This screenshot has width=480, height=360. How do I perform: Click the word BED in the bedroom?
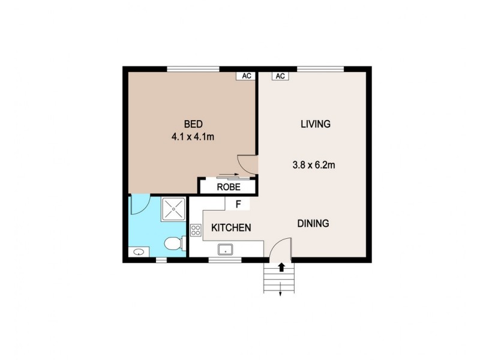[193, 124]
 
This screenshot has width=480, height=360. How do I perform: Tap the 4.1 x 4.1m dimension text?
[193, 137]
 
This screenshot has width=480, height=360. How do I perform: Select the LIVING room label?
[315, 124]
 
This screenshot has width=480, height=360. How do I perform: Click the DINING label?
[313, 224]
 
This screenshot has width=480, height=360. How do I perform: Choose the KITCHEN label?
[230, 228]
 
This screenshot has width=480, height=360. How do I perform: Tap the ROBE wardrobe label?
[229, 187]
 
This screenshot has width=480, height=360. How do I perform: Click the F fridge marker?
[238, 204]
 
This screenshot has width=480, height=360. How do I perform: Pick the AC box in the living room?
[280, 76]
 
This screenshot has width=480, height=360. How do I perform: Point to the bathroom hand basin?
[139, 252]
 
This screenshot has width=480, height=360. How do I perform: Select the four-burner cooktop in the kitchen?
[196, 229]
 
